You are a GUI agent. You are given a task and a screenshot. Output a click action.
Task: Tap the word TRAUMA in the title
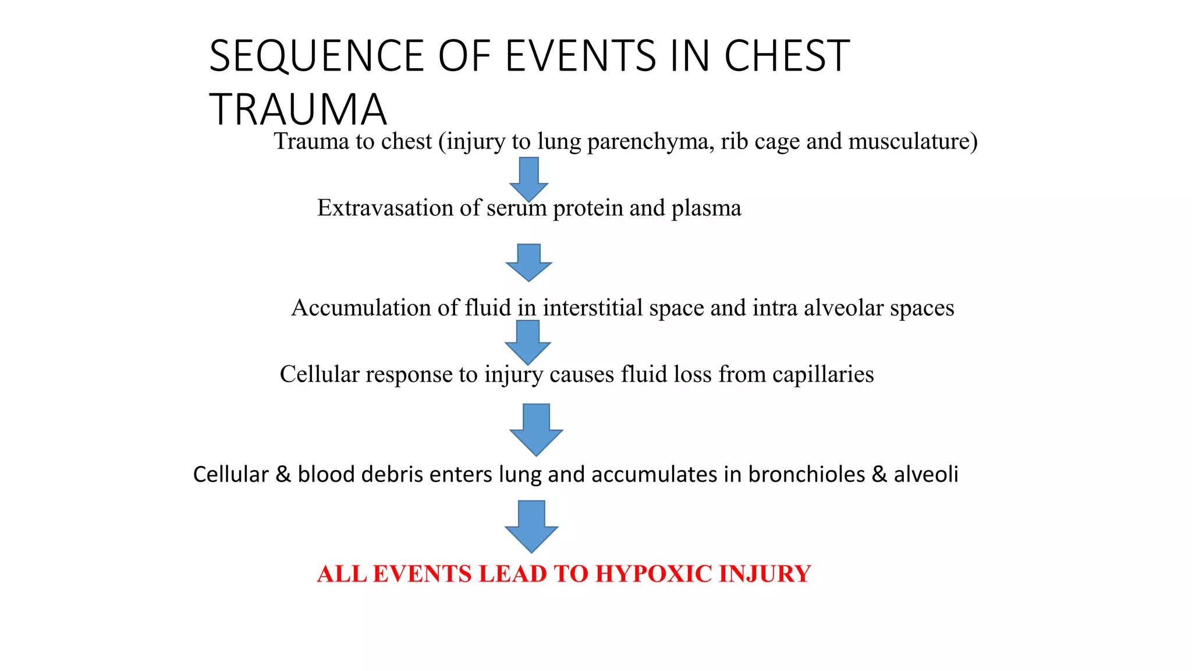pos(297,110)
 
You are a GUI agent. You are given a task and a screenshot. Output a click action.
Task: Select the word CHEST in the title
pos(787,56)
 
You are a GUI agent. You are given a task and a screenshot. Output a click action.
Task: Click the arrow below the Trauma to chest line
pos(528,178)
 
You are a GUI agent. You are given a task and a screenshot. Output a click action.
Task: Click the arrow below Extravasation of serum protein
pos(528,262)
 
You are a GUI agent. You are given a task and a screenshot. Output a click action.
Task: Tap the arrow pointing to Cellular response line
pos(527,342)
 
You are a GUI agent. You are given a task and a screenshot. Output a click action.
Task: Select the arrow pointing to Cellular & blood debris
pos(535,429)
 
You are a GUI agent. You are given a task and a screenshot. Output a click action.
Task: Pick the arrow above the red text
pos(531,526)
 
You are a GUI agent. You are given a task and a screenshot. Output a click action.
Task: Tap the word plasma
pos(706,209)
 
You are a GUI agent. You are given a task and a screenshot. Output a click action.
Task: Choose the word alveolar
pos(843,308)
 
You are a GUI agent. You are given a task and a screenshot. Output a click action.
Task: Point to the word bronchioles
pos(806,475)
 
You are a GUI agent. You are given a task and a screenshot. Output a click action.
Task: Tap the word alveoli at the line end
pos(926,475)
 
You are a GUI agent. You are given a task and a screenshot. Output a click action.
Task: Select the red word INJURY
pos(765,574)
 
